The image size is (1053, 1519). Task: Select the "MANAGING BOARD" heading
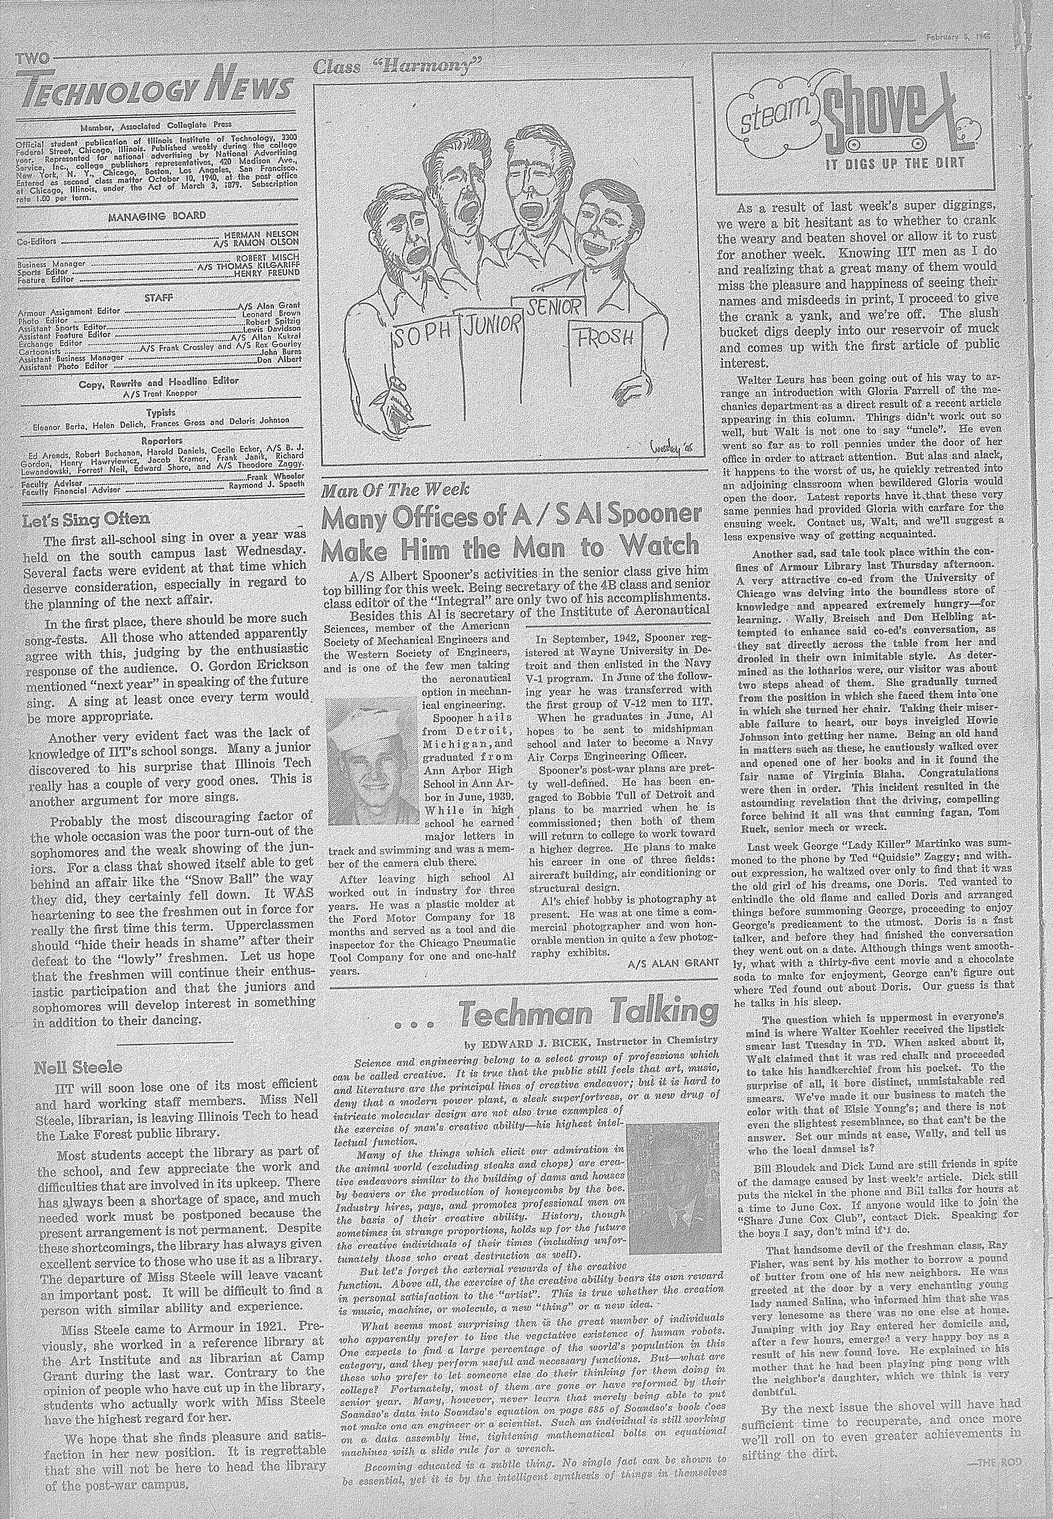pyautogui.click(x=158, y=216)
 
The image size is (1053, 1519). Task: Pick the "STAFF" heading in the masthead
pyautogui.click(x=158, y=298)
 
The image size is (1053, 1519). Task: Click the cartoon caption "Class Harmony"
pyautogui.click(x=398, y=67)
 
